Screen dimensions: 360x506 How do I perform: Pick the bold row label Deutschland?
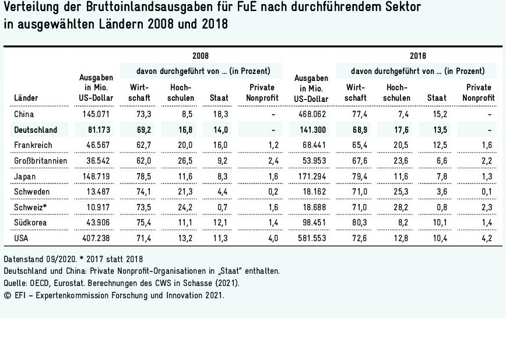click(36, 129)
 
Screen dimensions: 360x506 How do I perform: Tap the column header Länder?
click(25, 98)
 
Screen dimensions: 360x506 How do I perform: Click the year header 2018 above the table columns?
click(417, 57)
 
